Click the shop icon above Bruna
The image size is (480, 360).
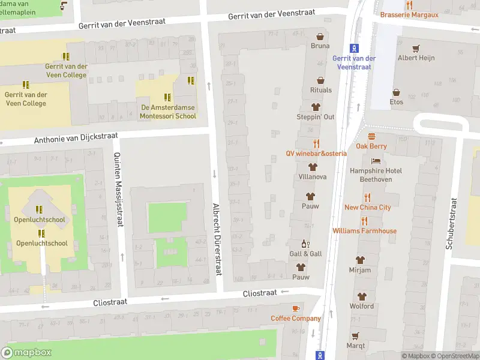(x=320, y=36)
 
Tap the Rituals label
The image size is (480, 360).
(x=321, y=90)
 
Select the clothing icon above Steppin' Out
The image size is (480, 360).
(x=315, y=106)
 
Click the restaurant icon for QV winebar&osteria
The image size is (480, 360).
(x=316, y=143)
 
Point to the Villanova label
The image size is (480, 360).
(x=313, y=178)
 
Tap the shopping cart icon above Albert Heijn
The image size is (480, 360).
(x=416, y=48)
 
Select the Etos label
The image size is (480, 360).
(x=397, y=102)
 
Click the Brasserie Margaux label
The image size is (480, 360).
(x=409, y=14)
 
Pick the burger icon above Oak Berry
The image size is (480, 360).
(x=371, y=136)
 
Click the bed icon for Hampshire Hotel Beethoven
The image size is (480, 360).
(x=376, y=161)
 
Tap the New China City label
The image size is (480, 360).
(x=367, y=208)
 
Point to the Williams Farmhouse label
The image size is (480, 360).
(x=364, y=231)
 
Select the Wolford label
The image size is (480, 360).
(x=361, y=306)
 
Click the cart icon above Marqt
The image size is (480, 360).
(x=355, y=336)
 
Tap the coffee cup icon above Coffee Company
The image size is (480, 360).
(x=295, y=308)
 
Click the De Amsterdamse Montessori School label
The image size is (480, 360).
(x=168, y=112)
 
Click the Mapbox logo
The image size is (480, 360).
(x=26, y=353)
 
